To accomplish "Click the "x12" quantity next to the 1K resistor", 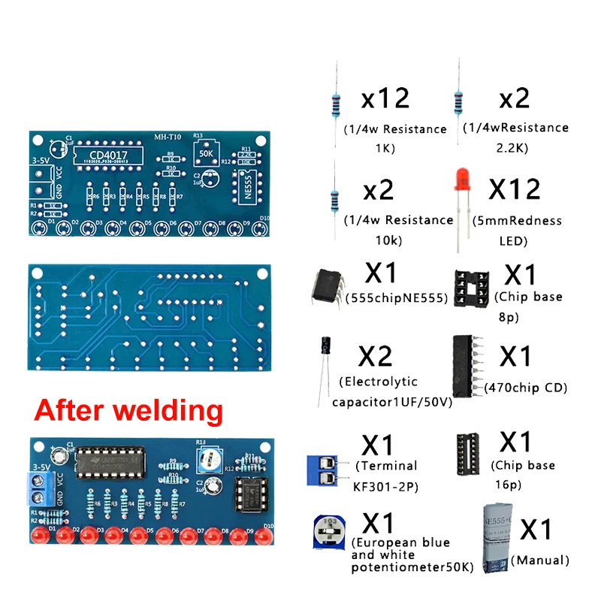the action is pos(385,98).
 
